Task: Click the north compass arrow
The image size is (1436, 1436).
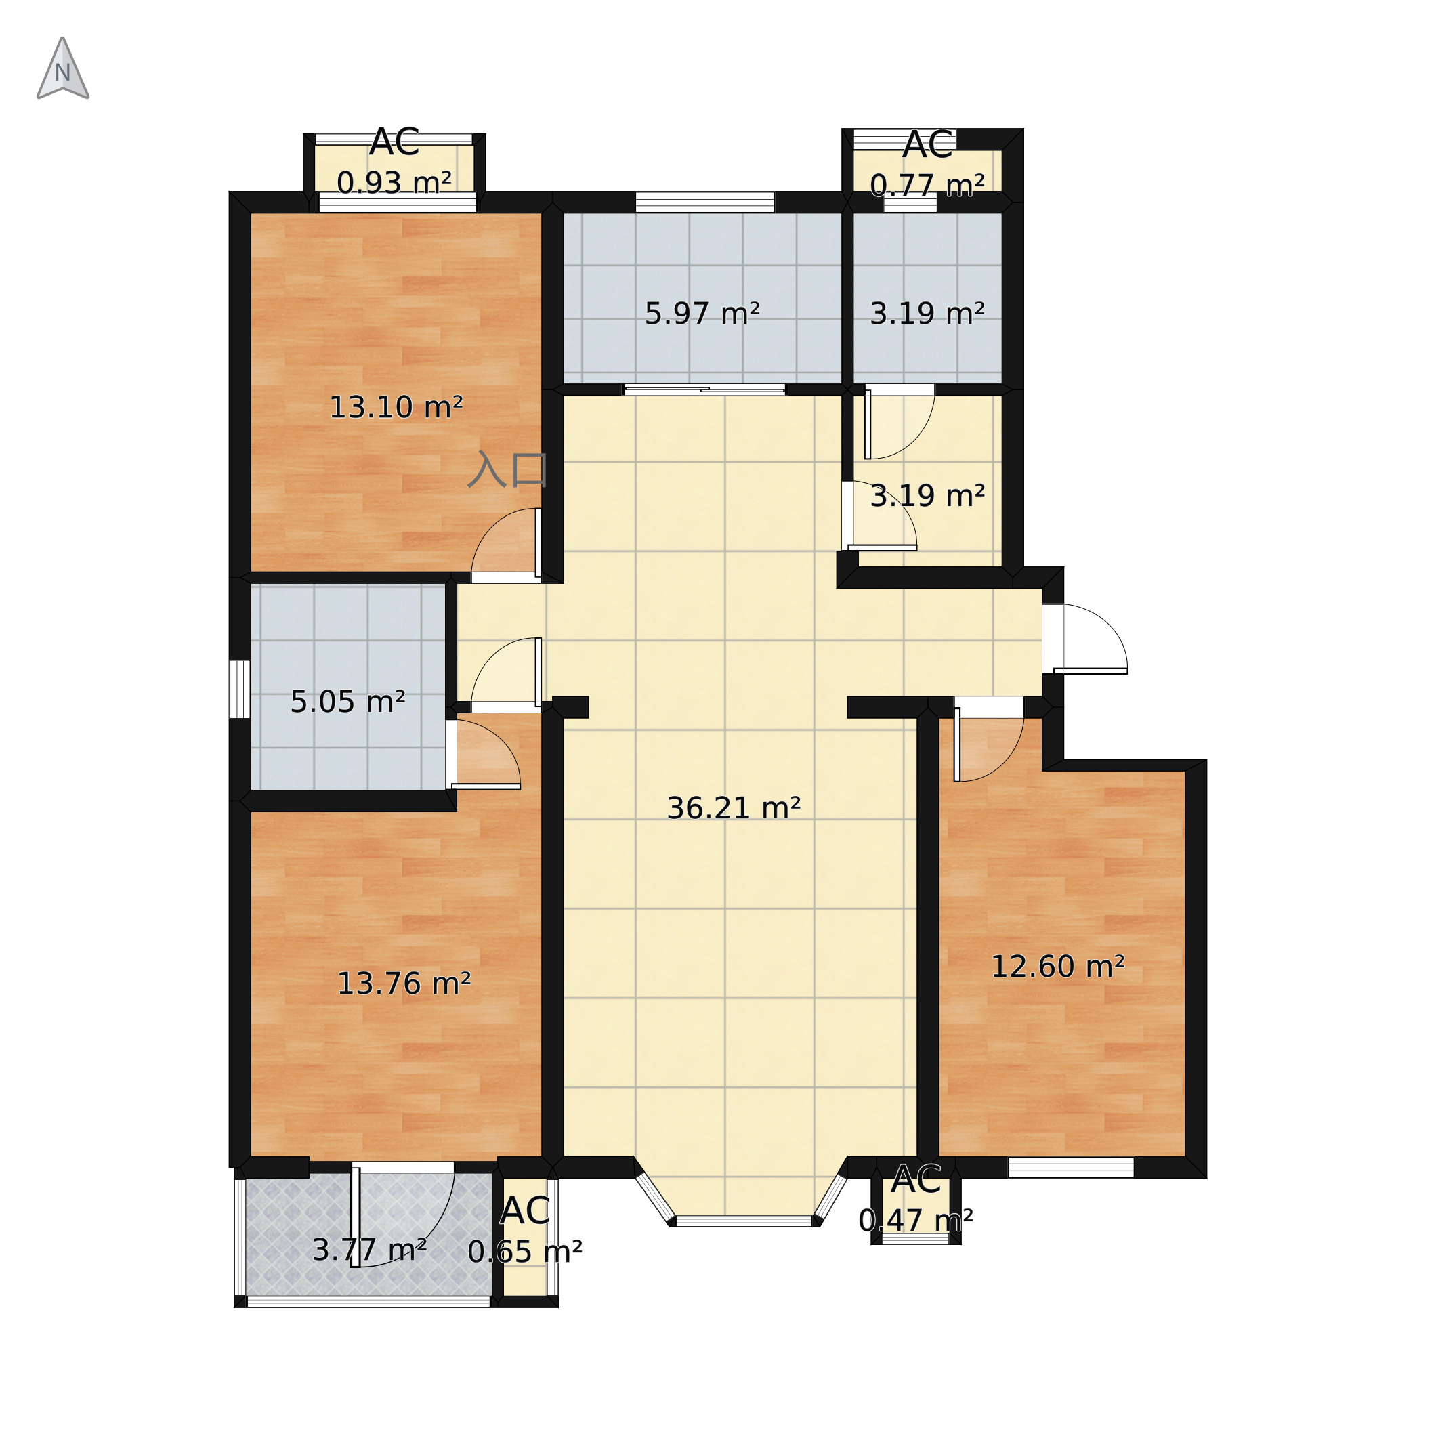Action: [63, 68]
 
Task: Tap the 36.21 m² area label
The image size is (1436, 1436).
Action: [734, 808]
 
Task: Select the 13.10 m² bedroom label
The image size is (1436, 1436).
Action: [396, 407]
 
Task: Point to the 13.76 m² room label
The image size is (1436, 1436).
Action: [404, 984]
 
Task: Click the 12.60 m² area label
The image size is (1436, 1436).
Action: [1057, 967]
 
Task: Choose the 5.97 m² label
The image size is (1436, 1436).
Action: [702, 314]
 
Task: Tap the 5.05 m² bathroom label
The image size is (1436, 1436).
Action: [348, 702]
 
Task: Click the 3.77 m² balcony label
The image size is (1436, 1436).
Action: [369, 1250]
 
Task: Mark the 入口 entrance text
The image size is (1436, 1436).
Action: [507, 469]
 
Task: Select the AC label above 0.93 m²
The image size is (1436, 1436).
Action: [395, 142]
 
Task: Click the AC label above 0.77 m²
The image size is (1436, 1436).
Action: [927, 145]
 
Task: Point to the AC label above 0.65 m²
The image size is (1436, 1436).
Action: [525, 1212]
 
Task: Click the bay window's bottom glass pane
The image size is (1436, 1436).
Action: [744, 1221]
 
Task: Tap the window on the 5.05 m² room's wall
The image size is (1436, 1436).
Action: [239, 689]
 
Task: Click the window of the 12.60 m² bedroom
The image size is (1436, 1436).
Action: [1071, 1168]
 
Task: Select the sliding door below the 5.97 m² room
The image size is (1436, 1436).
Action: [704, 389]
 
